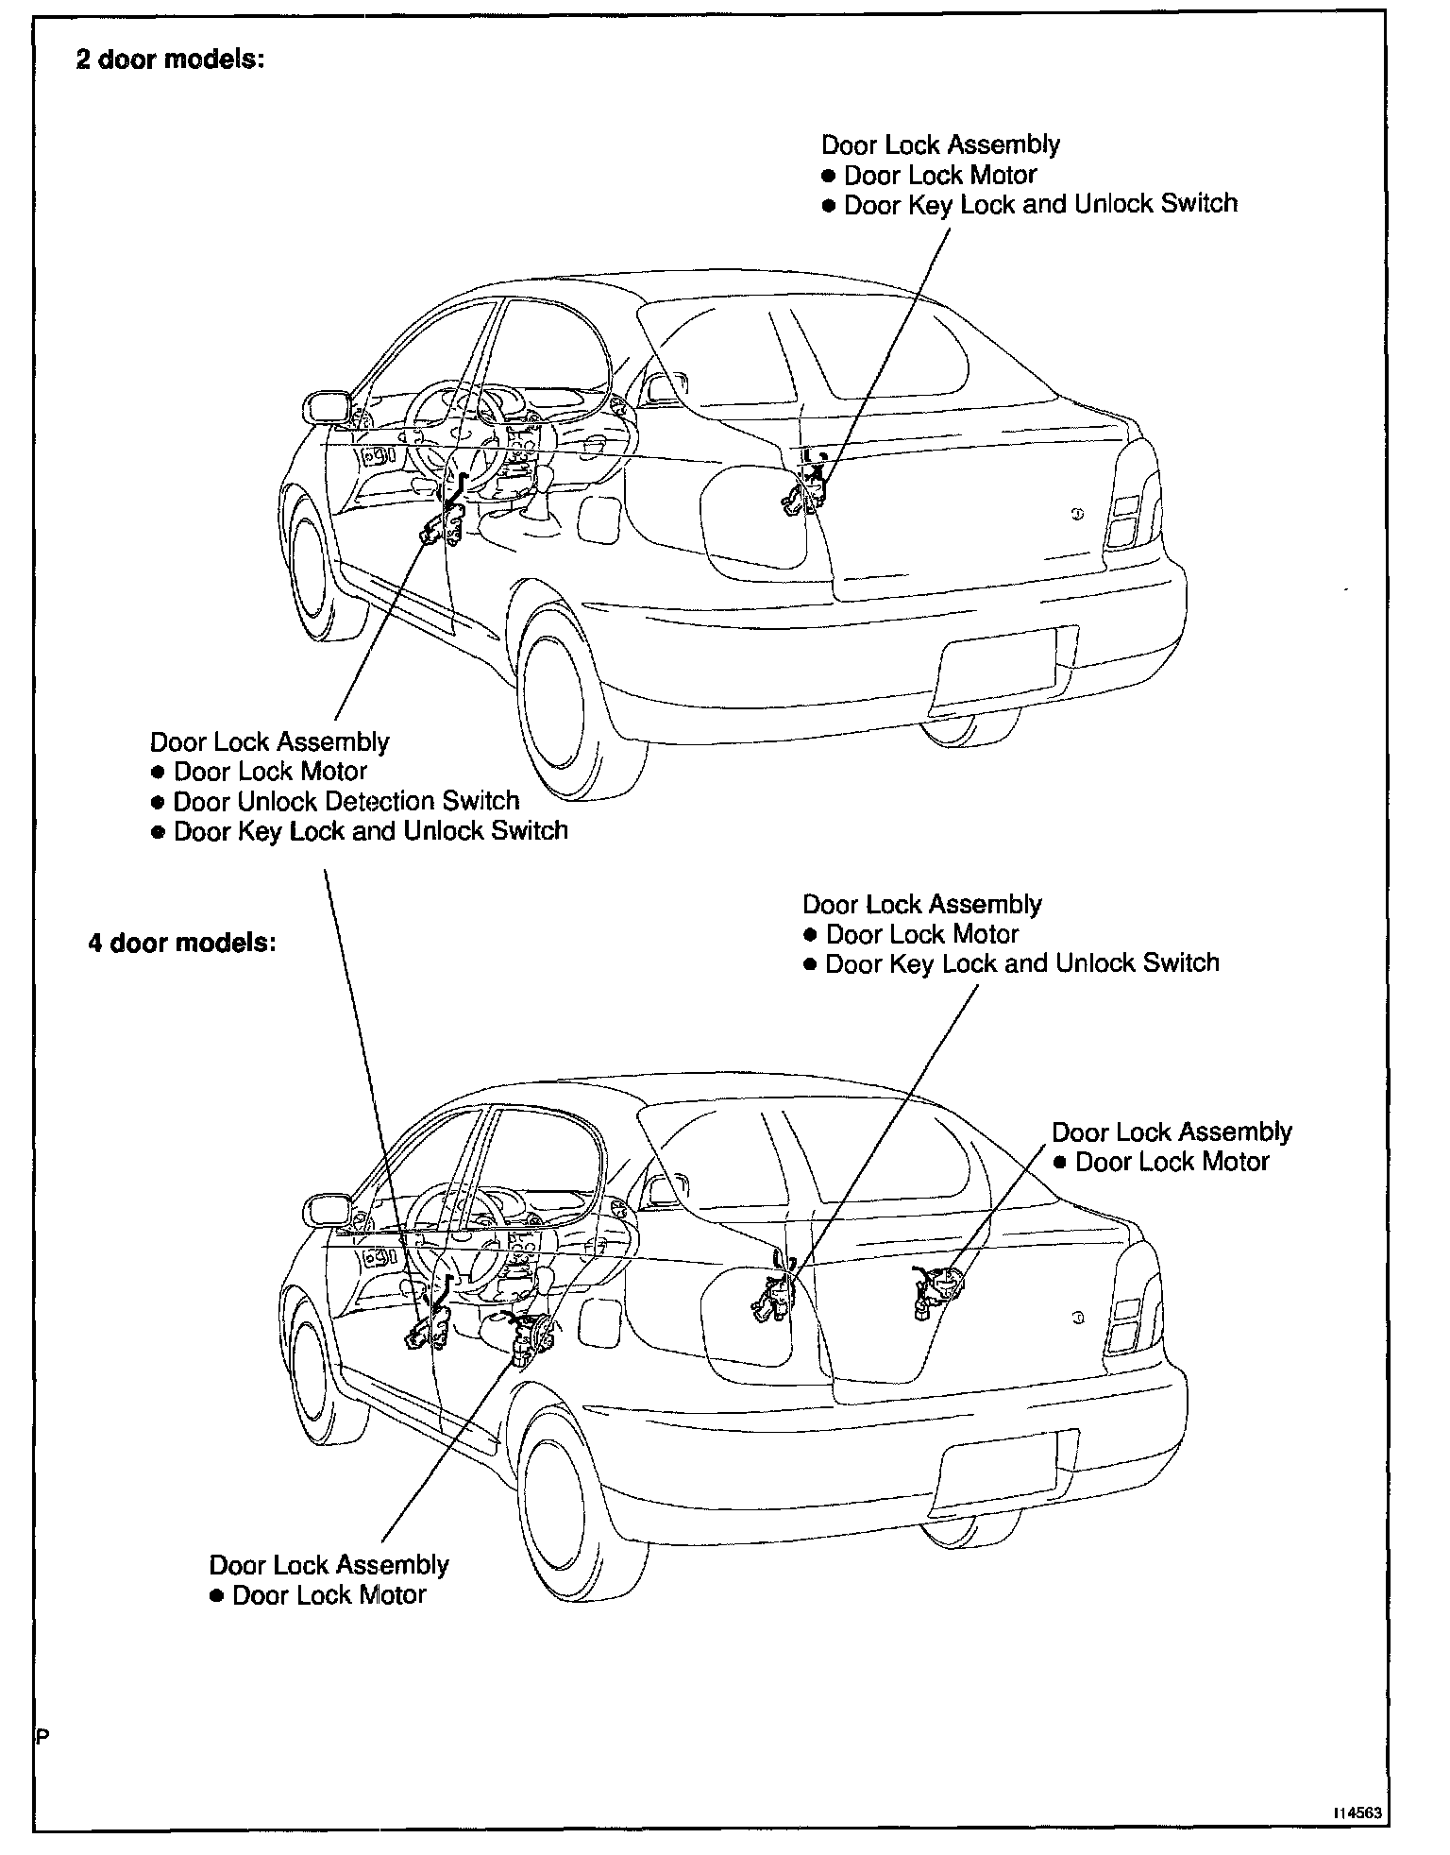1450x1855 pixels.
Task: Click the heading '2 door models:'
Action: point(170,60)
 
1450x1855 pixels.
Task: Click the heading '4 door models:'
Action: point(182,944)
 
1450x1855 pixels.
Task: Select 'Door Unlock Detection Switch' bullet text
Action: point(346,802)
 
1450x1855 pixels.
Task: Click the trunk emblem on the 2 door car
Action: point(1077,514)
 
